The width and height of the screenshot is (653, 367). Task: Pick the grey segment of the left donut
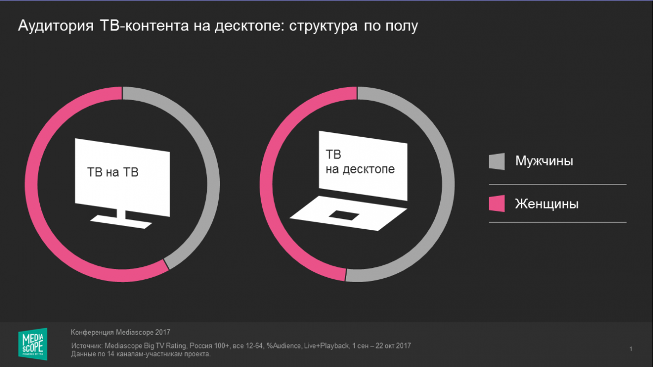click(x=210, y=163)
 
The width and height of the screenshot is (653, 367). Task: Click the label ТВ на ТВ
click(x=113, y=173)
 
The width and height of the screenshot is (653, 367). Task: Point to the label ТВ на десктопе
click(x=360, y=163)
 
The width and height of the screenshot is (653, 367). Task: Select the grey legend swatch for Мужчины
click(x=496, y=161)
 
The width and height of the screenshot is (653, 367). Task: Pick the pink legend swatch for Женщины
click(x=496, y=204)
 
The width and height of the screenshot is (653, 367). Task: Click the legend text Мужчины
click(x=544, y=161)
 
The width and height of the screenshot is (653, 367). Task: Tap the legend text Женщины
click(x=546, y=204)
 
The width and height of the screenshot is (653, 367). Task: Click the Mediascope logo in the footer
click(x=33, y=343)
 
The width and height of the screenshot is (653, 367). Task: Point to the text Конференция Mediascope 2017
click(x=120, y=331)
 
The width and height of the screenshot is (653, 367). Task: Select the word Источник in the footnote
click(x=86, y=346)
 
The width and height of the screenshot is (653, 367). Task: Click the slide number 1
click(x=630, y=348)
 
